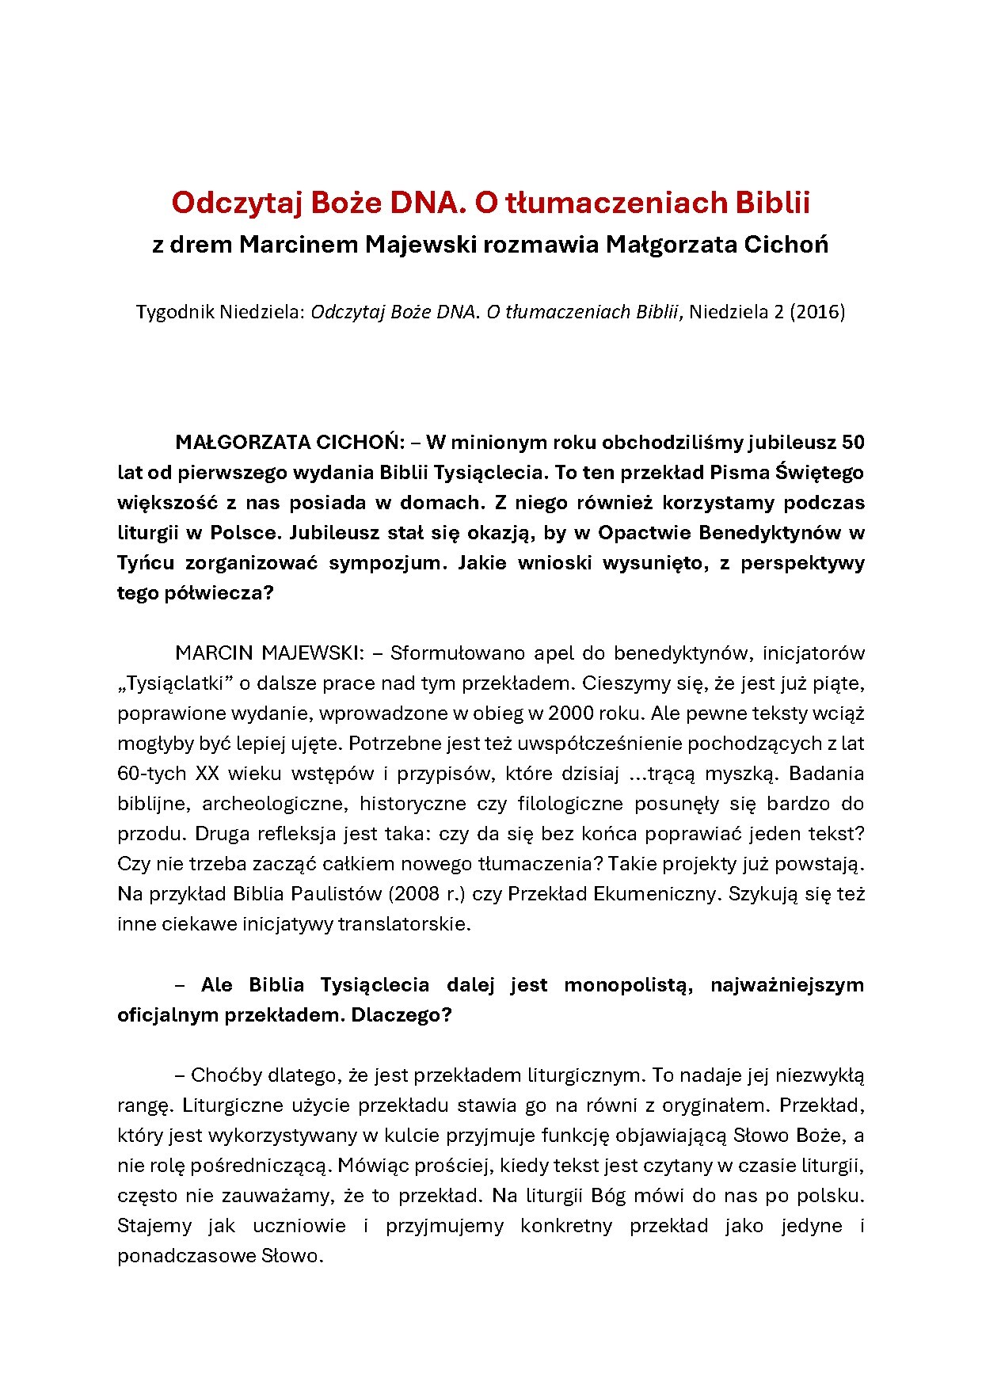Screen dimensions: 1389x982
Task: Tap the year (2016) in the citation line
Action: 816,311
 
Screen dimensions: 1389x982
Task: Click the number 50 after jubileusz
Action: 852,442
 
